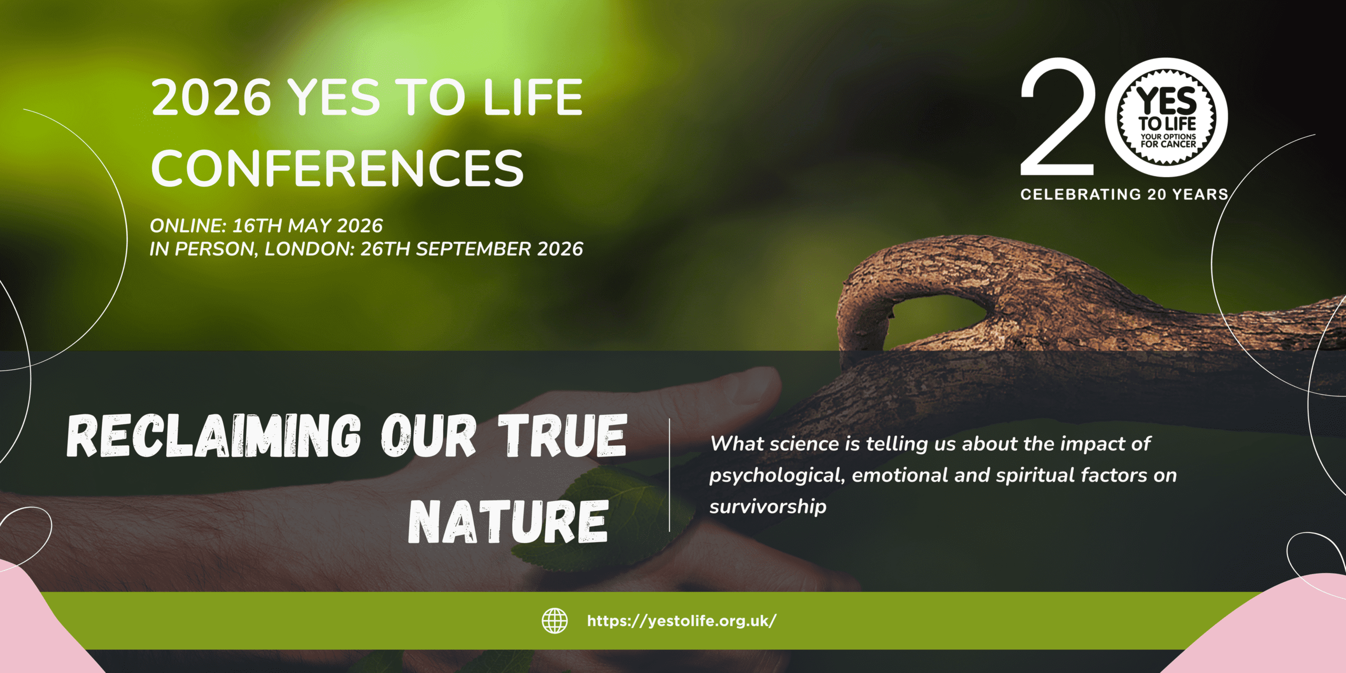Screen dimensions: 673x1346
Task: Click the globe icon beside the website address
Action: pos(555,620)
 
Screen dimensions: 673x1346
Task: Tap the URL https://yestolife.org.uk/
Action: pos(681,621)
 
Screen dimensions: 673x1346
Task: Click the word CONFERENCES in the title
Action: pos(337,168)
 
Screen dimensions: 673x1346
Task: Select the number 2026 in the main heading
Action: pos(211,98)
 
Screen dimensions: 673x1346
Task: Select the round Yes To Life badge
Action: pos(1167,117)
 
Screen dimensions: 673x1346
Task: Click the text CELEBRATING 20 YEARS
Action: pos(1124,195)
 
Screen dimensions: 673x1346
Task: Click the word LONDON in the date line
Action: pos(309,249)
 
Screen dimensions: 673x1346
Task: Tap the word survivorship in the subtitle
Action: pos(768,507)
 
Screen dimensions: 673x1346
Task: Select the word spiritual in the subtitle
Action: pos(1035,476)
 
